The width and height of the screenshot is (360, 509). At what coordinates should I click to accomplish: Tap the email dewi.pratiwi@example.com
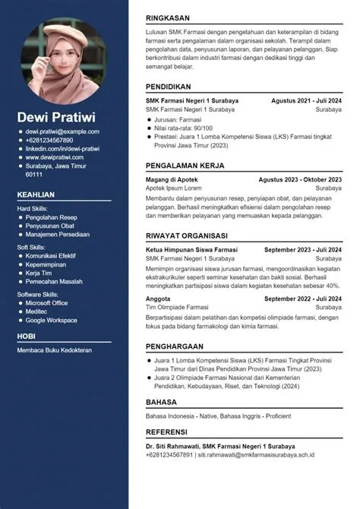click(x=62, y=132)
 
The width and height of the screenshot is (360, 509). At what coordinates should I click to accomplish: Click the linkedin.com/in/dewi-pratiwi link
click(x=63, y=149)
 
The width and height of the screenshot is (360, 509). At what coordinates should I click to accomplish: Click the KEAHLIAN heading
click(x=36, y=195)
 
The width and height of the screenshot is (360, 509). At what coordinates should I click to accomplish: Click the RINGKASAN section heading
click(x=169, y=17)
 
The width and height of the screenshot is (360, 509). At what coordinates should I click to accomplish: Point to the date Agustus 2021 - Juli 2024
click(x=306, y=100)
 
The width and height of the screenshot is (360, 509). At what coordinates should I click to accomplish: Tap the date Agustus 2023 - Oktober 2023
click(x=300, y=179)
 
